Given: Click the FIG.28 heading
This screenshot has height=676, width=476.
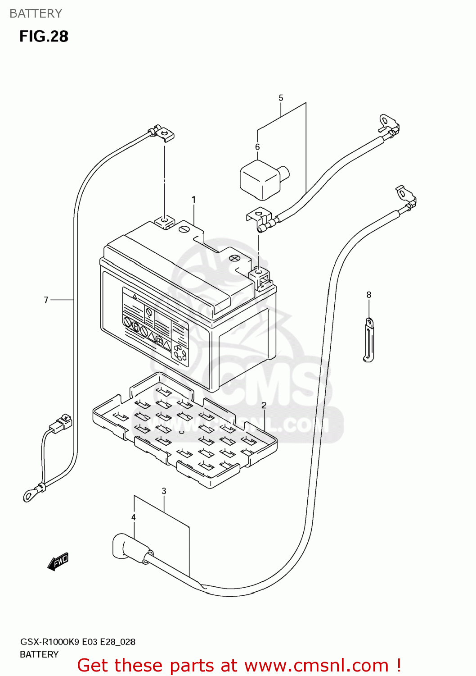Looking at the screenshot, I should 44,36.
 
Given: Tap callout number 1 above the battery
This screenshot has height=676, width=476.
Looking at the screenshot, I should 193,199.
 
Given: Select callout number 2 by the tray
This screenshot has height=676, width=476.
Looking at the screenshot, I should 264,405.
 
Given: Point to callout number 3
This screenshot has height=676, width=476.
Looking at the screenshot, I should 164,491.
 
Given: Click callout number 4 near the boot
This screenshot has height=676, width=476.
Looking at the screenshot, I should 134,517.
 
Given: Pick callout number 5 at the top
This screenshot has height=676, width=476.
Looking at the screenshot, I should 281,98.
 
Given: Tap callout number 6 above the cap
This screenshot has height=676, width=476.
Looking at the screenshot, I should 257,147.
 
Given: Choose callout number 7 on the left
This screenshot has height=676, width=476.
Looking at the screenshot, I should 46,300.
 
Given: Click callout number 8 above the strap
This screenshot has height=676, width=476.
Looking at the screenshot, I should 368,295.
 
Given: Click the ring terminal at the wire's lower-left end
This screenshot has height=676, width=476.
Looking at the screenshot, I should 30,496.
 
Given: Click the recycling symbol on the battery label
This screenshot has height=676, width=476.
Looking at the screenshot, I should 180,353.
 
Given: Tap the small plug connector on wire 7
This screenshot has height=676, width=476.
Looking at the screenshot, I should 61,424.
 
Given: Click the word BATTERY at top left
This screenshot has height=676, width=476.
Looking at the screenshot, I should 36,14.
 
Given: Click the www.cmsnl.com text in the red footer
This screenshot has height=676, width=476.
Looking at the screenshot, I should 316,665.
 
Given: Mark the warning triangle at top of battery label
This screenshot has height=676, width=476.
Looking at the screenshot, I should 134,297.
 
